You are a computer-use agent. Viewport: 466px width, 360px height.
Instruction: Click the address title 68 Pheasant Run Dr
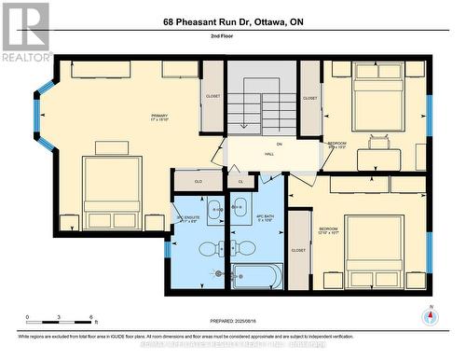click(x=232, y=21)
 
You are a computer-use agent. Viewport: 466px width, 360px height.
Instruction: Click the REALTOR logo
click(x=25, y=32)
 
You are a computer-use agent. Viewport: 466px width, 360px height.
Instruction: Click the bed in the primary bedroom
click(x=112, y=191)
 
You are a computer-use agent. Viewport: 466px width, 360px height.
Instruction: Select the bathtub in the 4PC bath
click(x=257, y=276)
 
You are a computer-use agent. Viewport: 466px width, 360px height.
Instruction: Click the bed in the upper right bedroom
click(x=377, y=97)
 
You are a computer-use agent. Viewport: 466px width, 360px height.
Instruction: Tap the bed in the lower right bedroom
click(x=374, y=245)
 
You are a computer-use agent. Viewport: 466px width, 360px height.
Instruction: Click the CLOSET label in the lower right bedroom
click(x=298, y=250)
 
